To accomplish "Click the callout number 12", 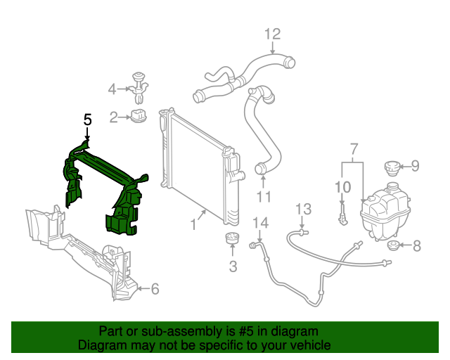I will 273,33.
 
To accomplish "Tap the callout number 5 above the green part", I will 88,120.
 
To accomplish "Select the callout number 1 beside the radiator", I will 193,225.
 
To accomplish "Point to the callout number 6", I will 155,288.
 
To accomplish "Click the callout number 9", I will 415,166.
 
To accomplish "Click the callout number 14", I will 260,224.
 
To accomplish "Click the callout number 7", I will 354,148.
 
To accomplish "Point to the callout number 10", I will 342,186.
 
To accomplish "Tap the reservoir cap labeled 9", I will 390,169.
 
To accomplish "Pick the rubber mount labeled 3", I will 232,239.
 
